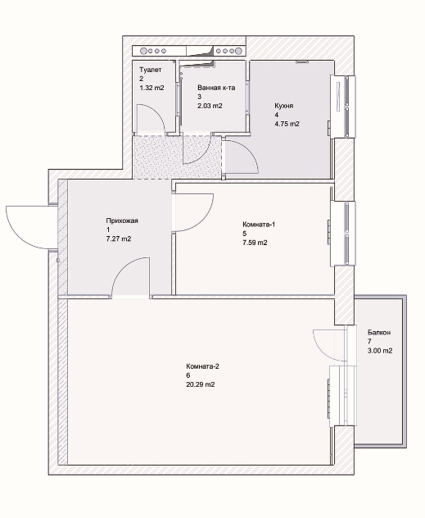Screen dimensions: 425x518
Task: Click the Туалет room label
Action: point(151,70)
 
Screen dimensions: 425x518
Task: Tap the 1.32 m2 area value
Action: point(151,88)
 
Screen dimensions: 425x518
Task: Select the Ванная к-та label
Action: point(216,88)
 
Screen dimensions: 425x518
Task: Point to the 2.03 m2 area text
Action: point(210,106)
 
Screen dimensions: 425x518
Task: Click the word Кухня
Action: point(284,106)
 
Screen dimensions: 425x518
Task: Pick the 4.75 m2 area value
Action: point(287,124)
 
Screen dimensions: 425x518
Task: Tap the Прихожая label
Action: point(122,220)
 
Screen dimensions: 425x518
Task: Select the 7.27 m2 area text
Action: point(119,239)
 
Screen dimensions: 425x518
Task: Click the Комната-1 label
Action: point(259,225)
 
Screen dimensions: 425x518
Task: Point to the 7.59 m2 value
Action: point(255,243)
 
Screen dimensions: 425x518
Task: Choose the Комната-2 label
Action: point(202,366)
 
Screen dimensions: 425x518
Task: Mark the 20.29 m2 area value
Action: point(201,384)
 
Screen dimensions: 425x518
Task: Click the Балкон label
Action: point(379,332)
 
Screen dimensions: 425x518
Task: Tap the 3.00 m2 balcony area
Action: point(380,351)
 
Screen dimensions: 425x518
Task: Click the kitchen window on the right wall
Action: point(343,107)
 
